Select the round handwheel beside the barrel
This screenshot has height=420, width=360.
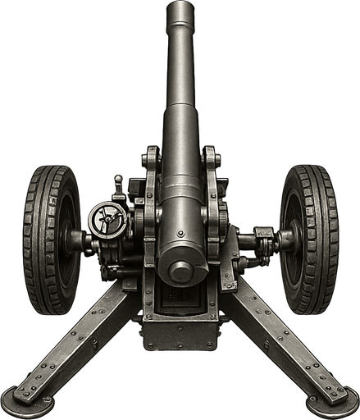point(107,221)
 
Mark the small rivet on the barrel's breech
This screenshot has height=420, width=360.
point(180,234)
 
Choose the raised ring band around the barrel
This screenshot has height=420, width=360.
point(180,201)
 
